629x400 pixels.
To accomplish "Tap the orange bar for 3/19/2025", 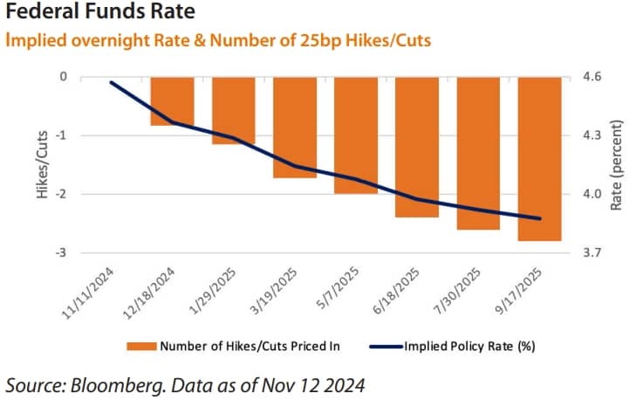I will coord(294,128).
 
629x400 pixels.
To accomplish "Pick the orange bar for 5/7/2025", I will coord(355,135).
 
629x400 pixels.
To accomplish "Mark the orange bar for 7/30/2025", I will coord(478,154).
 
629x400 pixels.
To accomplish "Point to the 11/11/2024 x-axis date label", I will coord(87,286).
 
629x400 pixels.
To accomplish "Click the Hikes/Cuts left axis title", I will coord(40,165).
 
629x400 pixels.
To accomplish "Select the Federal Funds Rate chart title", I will coord(100,14).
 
